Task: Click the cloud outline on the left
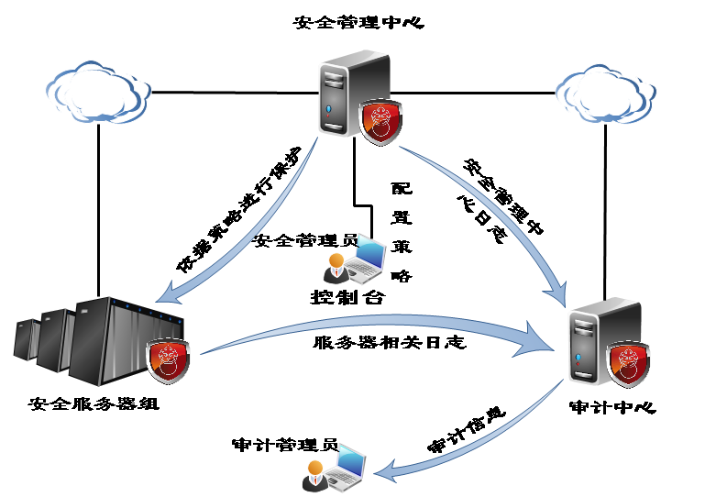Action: [97, 91]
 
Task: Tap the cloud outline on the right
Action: [605, 93]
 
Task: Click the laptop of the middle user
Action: [366, 257]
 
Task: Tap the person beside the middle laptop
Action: [336, 269]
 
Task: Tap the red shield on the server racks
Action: [169, 360]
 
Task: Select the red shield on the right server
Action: [630, 364]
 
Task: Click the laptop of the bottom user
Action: [347, 466]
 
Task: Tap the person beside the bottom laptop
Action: [314, 475]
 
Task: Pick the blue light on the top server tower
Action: [330, 111]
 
